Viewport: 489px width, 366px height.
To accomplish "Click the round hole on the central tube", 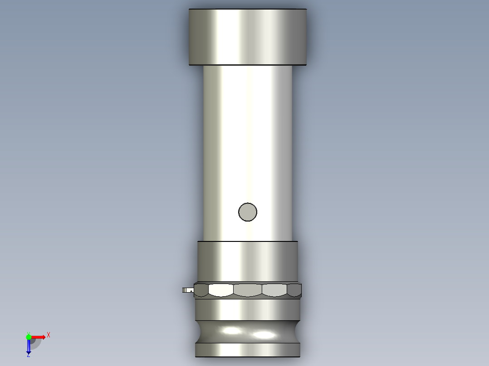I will click(248, 212).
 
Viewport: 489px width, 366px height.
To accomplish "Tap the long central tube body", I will click(248, 136).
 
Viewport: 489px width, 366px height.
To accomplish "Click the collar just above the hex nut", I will click(248, 262).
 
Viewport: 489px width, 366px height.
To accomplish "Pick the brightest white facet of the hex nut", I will click(220, 290).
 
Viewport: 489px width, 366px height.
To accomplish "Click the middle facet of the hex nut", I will click(248, 290).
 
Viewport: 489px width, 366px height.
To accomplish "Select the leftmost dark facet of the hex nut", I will click(201, 290).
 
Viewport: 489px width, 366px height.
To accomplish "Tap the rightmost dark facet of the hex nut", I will click(294, 290).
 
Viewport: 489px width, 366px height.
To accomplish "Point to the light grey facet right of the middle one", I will click(274, 290).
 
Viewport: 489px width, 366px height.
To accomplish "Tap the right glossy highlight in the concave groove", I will click(265, 335).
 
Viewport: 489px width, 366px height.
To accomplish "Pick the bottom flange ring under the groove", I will click(248, 349).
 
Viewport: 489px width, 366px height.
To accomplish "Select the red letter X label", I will click(49, 335).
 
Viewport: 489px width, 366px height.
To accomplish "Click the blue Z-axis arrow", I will click(29, 347).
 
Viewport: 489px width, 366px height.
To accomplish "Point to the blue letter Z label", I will click(28, 355).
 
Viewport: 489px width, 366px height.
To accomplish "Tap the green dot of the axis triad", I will click(29, 337).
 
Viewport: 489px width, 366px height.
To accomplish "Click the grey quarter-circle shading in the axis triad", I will click(35, 342).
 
